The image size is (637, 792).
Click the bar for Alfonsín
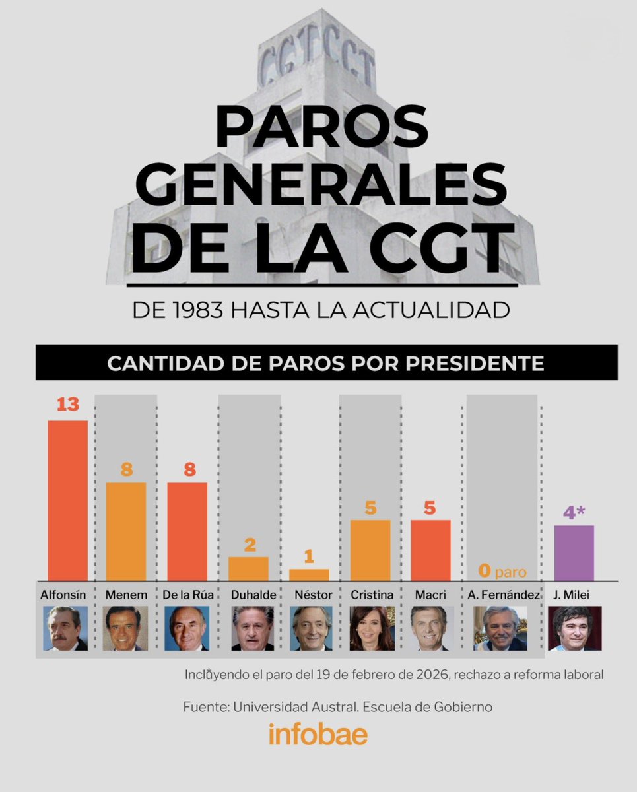click(x=67, y=500)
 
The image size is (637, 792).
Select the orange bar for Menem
click(x=126, y=531)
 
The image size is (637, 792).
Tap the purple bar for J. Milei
click(x=574, y=553)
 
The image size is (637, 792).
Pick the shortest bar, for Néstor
click(x=309, y=575)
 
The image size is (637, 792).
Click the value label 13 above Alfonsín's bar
click(x=67, y=405)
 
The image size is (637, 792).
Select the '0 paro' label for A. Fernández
click(x=502, y=572)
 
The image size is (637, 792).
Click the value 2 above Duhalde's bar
click(x=248, y=544)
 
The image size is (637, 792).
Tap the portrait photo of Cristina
click(x=372, y=628)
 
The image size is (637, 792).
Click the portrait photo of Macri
click(x=432, y=628)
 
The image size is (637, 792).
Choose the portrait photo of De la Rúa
click(x=187, y=628)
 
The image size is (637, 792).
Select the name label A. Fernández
click(x=502, y=595)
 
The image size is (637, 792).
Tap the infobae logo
click(x=318, y=735)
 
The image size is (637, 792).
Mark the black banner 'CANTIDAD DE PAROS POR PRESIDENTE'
click(x=326, y=363)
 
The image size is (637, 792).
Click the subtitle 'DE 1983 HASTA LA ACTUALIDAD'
click(x=321, y=310)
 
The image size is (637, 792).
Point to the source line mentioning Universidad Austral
click(x=337, y=707)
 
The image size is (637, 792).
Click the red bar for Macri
click(x=430, y=550)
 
